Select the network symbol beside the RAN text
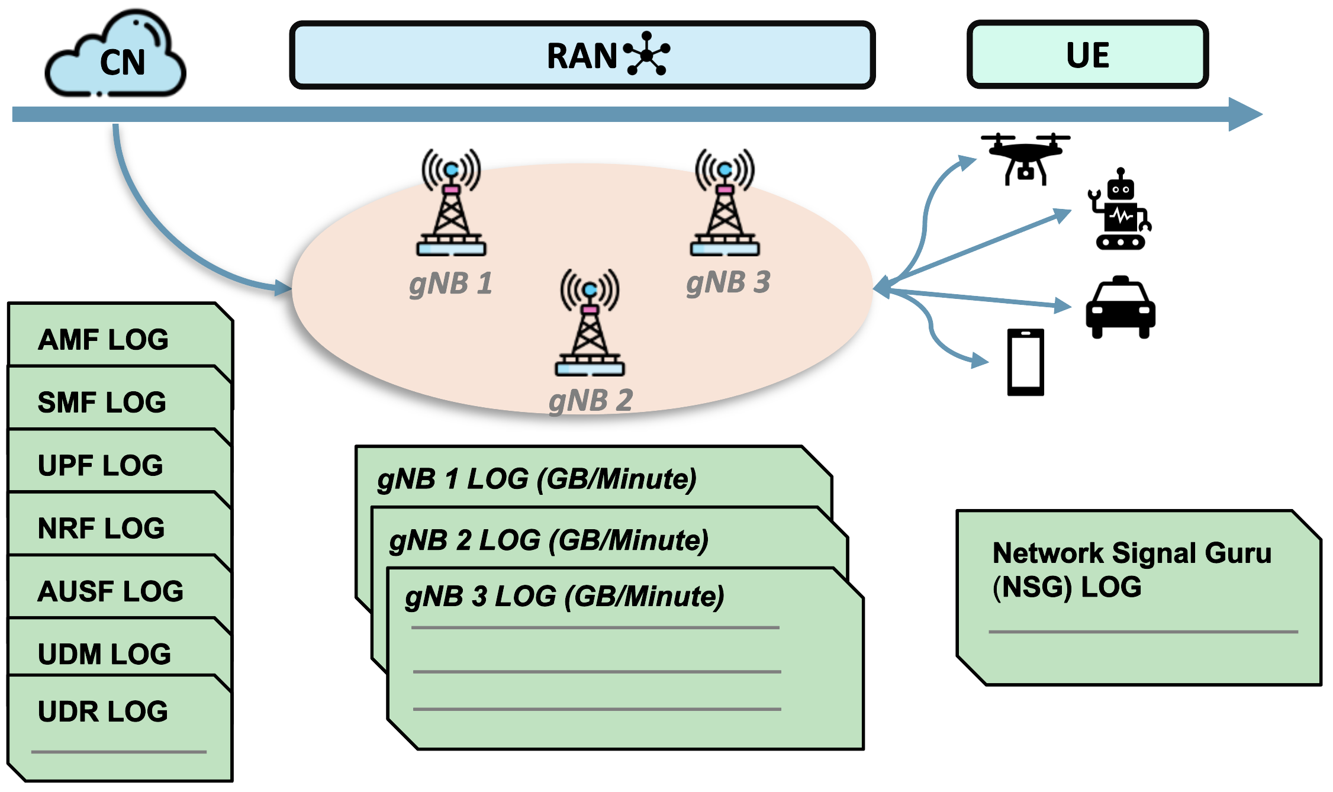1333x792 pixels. point(647,54)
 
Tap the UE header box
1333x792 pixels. point(1087,55)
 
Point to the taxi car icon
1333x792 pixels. point(1120,307)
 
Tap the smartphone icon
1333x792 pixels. point(1025,362)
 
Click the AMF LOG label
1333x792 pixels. point(103,340)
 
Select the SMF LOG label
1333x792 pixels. point(102,403)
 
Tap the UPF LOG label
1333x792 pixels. point(100,466)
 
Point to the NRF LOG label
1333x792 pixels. point(101,529)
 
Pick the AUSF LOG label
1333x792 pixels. point(111,591)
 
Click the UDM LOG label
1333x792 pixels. point(104,655)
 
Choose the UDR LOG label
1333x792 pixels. point(103,711)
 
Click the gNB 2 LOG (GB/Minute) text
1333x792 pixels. point(549,540)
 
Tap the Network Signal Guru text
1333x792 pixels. point(1132,553)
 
